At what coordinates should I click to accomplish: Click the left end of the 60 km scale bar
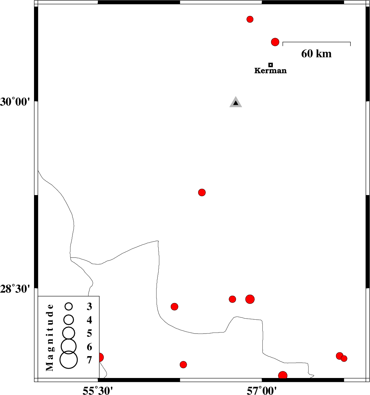[x=283, y=42]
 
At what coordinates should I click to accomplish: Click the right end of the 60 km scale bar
[x=350, y=42]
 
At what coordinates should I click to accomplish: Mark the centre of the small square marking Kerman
[x=270, y=65]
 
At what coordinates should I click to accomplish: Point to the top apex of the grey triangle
[x=235, y=96]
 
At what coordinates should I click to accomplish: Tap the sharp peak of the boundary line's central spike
[x=158, y=241]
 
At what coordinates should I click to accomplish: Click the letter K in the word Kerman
[x=257, y=70]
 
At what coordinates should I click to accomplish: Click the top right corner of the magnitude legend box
[x=99, y=296]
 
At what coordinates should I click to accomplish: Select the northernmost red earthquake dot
[x=250, y=19]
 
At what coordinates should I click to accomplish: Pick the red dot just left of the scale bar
[x=275, y=42]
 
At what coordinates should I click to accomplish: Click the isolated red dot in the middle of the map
[x=202, y=192]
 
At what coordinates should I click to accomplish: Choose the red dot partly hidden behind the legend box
[x=101, y=357]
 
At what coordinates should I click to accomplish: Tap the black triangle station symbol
[x=235, y=103]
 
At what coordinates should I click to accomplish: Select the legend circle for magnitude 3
[x=68, y=306]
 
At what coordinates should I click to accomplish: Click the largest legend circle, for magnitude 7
[x=68, y=360]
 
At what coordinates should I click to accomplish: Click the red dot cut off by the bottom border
[x=283, y=375]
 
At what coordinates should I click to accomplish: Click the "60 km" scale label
[x=316, y=54]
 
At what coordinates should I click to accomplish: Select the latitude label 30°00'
[x=15, y=102]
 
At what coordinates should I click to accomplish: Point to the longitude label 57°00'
[x=262, y=390]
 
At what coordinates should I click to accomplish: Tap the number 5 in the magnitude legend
[x=90, y=333]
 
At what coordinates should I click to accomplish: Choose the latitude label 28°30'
[x=15, y=289]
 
